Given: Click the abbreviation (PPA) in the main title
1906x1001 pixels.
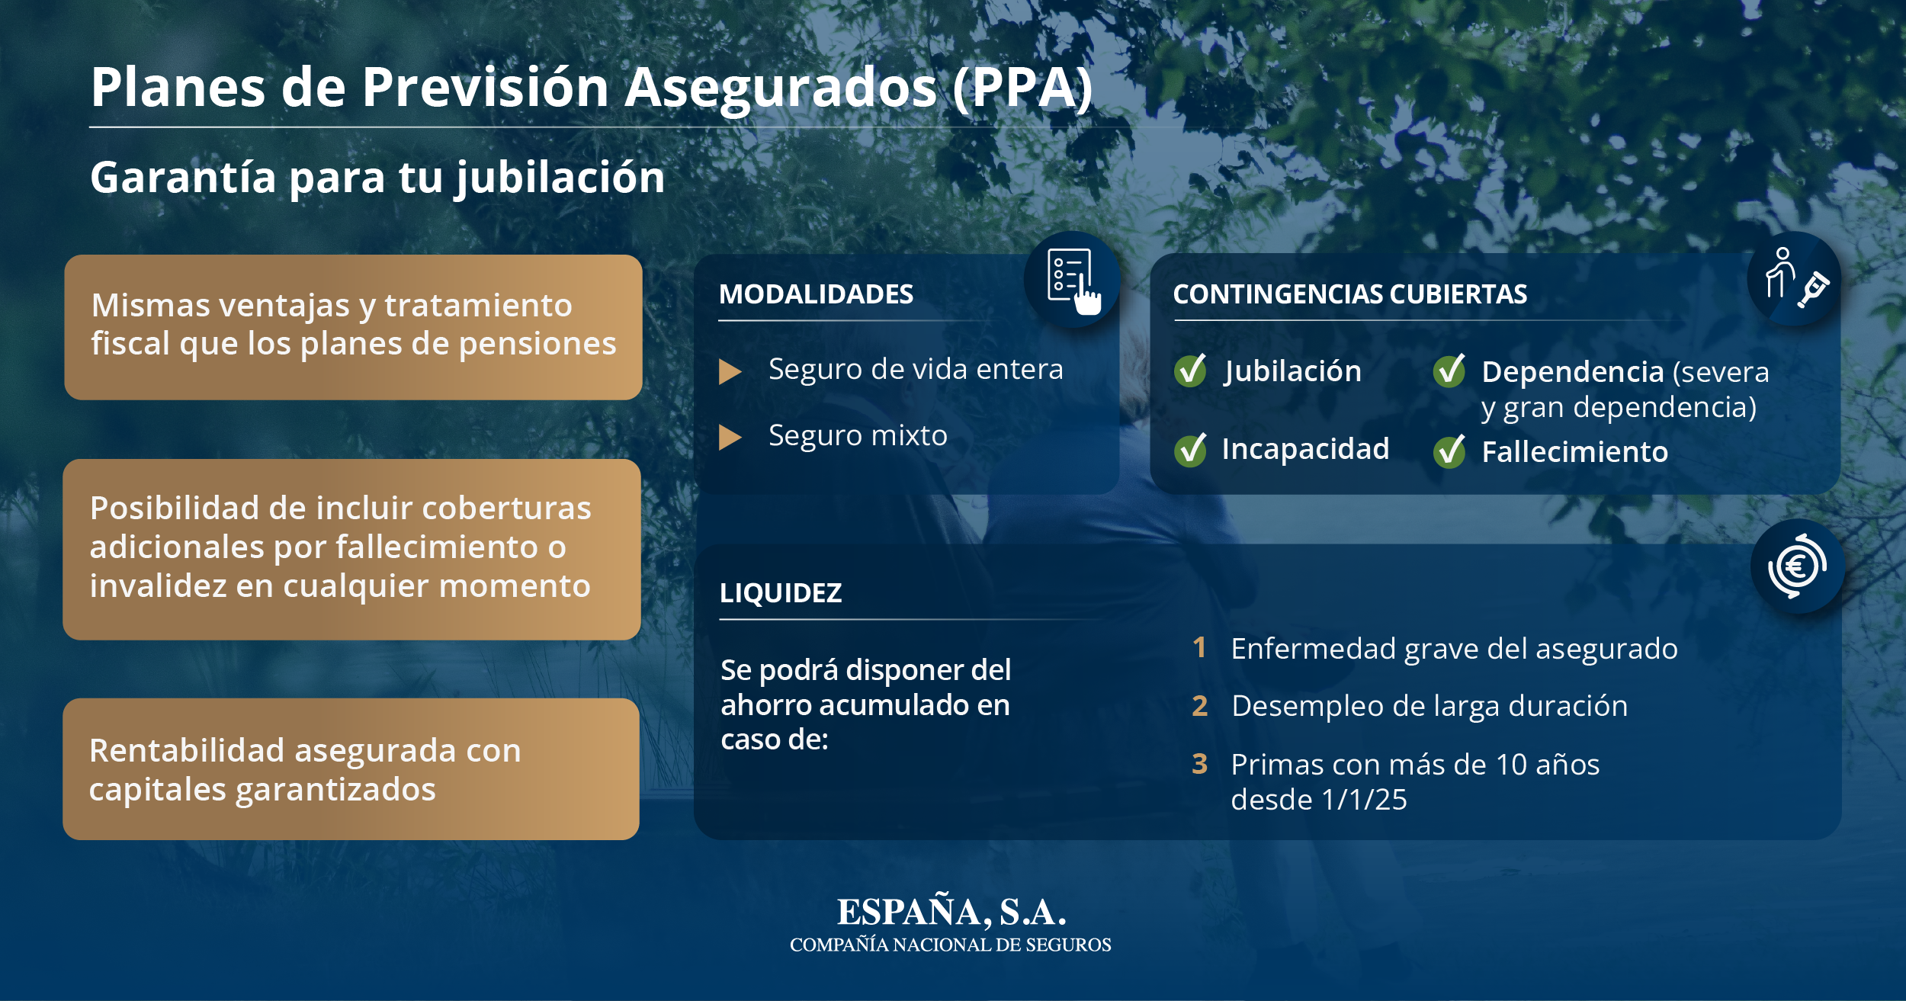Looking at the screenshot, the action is point(1022,88).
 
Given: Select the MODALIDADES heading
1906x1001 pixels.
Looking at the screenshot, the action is point(816,294).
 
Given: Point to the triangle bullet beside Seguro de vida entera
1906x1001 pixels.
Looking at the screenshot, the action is point(730,371).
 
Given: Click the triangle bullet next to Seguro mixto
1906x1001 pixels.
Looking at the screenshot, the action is point(730,438).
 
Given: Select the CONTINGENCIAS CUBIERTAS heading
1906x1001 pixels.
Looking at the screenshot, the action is point(1349,294).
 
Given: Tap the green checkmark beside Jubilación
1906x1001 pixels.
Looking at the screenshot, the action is point(1190,371).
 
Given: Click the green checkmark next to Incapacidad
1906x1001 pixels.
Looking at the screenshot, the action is point(1190,450).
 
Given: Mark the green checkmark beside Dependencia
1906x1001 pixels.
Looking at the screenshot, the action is point(1449,371).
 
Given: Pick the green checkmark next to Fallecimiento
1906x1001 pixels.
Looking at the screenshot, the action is point(1449,451).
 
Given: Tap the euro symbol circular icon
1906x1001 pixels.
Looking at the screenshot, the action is point(1797,566).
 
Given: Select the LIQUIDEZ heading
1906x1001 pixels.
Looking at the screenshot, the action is point(781,593).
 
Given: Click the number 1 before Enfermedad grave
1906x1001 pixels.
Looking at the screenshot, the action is point(1199,647).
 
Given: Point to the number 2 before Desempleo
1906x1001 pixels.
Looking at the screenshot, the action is point(1200,706).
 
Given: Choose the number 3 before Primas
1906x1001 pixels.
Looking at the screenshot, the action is point(1200,764).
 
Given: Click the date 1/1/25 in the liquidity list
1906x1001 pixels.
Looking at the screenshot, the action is point(1364,800).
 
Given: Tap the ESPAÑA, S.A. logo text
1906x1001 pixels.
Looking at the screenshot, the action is point(951,913).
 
